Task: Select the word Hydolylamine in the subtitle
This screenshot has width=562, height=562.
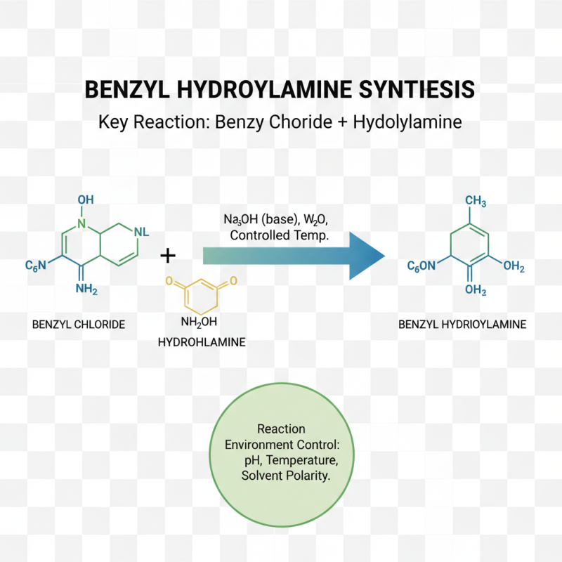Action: click(x=407, y=122)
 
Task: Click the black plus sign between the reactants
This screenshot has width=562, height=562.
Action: click(x=168, y=255)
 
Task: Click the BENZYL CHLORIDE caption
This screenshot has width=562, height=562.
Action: click(x=79, y=325)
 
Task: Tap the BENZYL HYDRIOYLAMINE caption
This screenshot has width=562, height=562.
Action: click(x=462, y=325)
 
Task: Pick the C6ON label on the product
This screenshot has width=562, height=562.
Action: click(x=423, y=266)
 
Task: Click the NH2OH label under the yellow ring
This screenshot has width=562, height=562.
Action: click(x=200, y=322)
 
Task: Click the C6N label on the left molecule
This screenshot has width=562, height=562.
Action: click(x=36, y=266)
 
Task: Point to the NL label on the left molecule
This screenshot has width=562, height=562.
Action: click(x=140, y=232)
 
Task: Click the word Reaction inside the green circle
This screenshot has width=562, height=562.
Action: click(x=281, y=429)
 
